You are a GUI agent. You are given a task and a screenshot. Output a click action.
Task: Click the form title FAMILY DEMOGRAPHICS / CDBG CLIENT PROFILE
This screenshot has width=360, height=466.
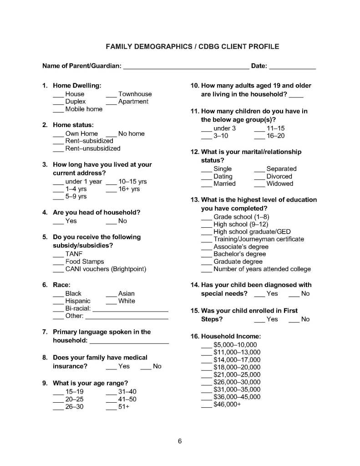[x=193, y=46]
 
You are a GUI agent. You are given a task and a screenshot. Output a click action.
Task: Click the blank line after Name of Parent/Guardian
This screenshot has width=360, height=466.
[x=186, y=67]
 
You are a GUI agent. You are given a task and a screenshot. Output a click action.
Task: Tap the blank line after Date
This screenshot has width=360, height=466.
[x=292, y=67]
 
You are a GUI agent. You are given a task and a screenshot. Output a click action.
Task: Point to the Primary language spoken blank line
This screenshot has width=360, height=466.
[x=129, y=341]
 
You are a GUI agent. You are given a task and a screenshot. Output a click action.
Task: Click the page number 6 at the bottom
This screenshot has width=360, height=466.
[x=180, y=441]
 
